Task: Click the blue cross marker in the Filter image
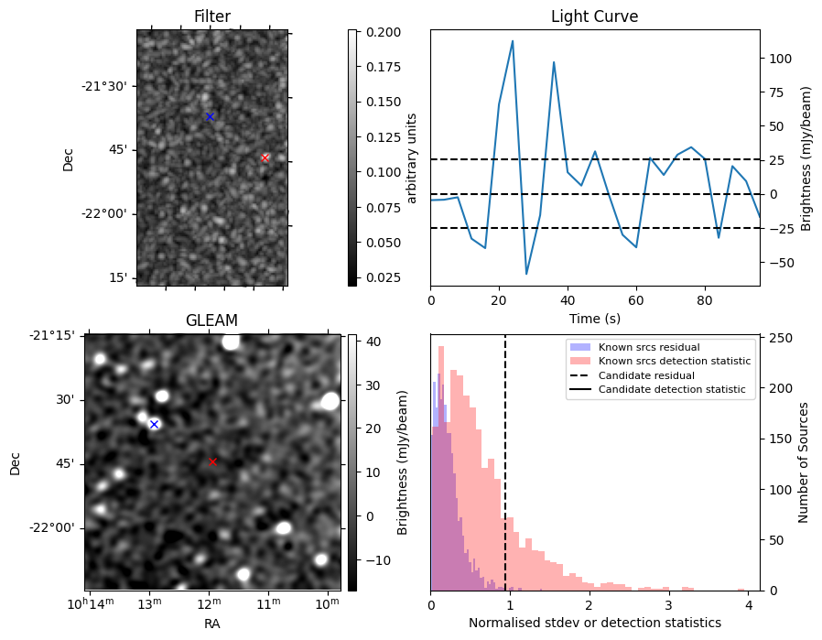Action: (210, 116)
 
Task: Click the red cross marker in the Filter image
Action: (265, 157)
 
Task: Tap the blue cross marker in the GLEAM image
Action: (154, 424)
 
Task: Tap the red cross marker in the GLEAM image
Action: (213, 461)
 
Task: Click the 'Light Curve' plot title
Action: (594, 16)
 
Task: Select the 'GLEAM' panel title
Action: (211, 320)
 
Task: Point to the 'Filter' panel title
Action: (211, 16)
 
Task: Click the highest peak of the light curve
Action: (513, 41)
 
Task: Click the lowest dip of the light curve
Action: (526, 274)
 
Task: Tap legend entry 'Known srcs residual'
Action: (649, 348)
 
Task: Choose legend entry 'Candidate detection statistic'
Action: (671, 390)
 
